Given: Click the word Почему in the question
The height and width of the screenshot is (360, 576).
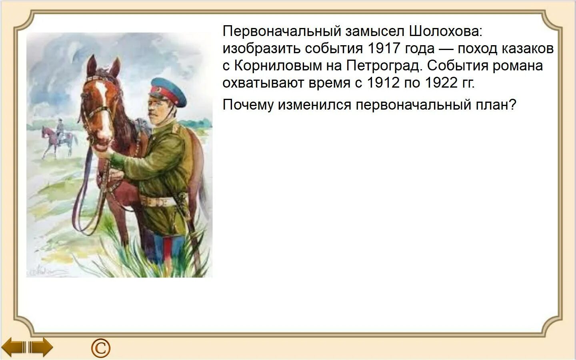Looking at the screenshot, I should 248,105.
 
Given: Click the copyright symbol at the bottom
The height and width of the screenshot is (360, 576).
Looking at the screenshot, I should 100,348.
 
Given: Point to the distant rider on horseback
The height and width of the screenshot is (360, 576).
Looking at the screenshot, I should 60,136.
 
